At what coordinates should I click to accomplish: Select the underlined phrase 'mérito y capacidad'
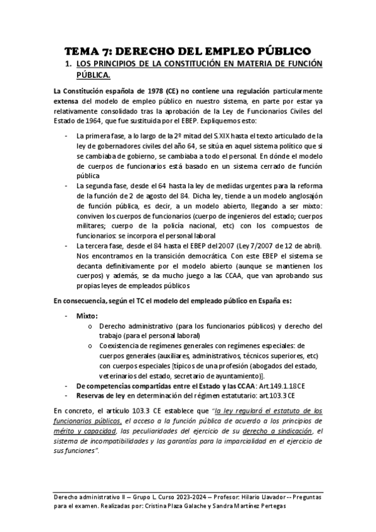[x=81, y=432]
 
